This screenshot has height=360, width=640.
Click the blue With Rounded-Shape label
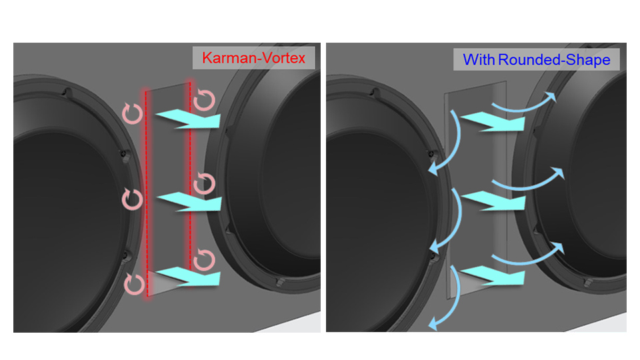coord(537,60)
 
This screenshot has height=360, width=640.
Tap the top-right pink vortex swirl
coord(205,101)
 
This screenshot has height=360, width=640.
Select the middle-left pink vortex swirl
coord(133,198)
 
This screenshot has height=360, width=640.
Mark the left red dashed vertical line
coord(147,193)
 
